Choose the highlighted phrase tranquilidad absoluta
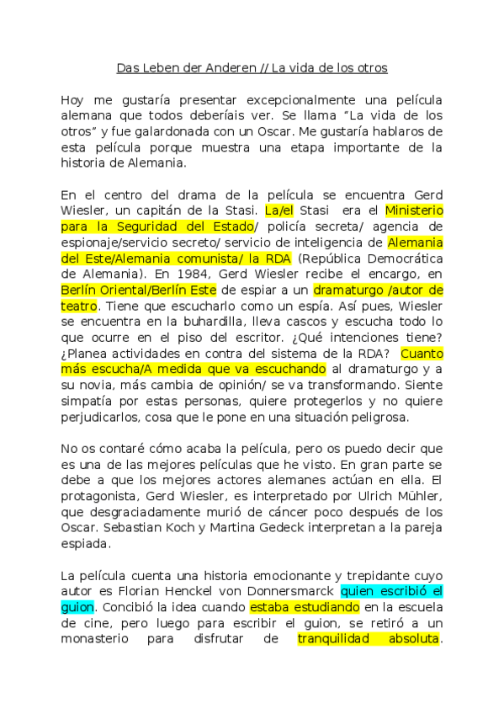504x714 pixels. tap(368, 638)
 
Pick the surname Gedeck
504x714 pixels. tap(308, 529)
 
